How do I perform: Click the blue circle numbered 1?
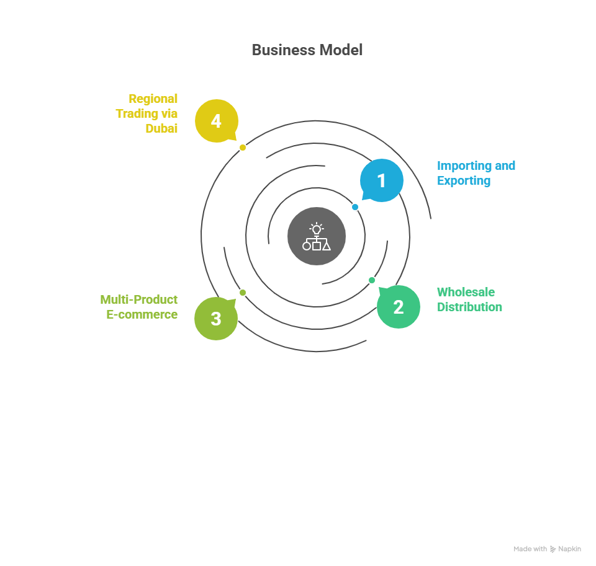point(382,180)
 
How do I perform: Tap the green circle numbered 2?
point(399,307)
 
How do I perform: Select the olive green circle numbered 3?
point(216,319)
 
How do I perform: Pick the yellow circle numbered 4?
point(216,121)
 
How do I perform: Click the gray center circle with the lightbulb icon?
point(317,236)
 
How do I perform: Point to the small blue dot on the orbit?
point(355,207)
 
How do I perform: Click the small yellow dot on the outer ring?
point(243,148)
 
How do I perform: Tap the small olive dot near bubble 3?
point(243,293)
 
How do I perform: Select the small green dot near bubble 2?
point(372,280)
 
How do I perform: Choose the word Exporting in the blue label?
point(464,181)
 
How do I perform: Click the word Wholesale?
point(466,292)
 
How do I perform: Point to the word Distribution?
point(469,307)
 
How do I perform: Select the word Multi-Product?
point(139,299)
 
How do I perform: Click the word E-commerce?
point(142,314)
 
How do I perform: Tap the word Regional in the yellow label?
point(153,99)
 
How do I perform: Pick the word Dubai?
point(161,128)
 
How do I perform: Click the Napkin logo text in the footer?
point(569,549)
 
